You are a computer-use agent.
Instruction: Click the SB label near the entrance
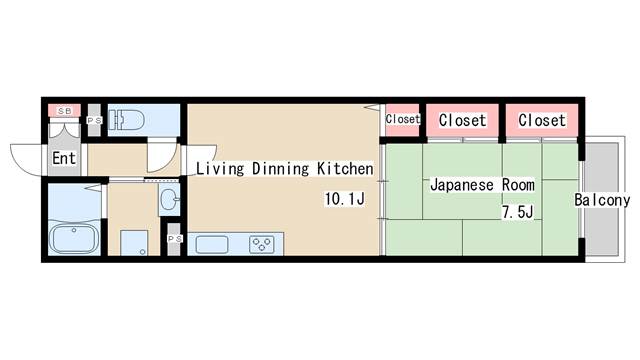pyautogui.click(x=64, y=110)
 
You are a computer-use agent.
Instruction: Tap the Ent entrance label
pyautogui.click(x=64, y=158)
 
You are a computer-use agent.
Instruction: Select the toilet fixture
pyautogui.click(x=128, y=121)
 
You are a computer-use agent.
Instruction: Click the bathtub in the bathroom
pyautogui.click(x=72, y=240)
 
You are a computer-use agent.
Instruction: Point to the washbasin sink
pyautogui.click(x=167, y=197)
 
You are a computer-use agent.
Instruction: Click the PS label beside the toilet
pyautogui.click(x=94, y=121)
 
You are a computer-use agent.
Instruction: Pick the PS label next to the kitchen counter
pyautogui.click(x=173, y=240)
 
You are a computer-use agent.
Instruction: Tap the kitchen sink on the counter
pyautogui.click(x=213, y=243)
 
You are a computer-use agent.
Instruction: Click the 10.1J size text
pyautogui.click(x=343, y=200)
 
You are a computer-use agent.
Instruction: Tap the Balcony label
pyautogui.click(x=602, y=201)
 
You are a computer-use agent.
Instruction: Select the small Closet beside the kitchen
pyautogui.click(x=403, y=119)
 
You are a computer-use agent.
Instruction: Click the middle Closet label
pyautogui.click(x=463, y=120)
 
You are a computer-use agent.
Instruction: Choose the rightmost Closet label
pyautogui.click(x=542, y=120)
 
